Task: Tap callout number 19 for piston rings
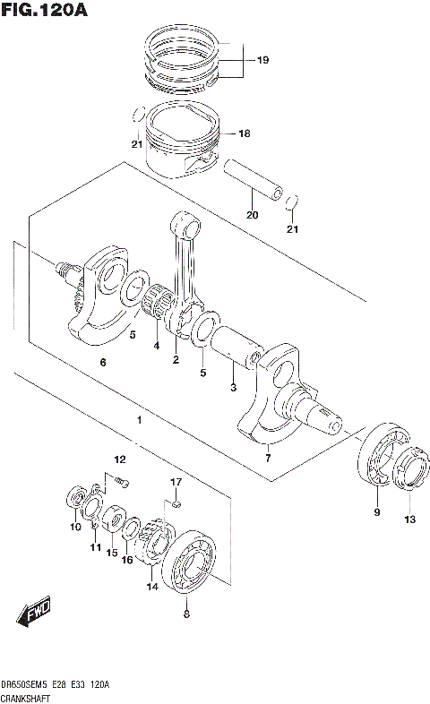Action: pyautogui.click(x=262, y=61)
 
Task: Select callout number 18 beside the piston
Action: pyautogui.click(x=245, y=134)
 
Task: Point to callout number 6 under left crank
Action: pyautogui.click(x=103, y=363)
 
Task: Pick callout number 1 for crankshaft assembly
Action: pyautogui.click(x=139, y=420)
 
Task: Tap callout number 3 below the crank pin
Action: pyautogui.click(x=233, y=388)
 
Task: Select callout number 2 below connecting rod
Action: pyautogui.click(x=176, y=360)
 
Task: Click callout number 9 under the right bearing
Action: pyautogui.click(x=376, y=512)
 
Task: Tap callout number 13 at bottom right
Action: pyautogui.click(x=409, y=519)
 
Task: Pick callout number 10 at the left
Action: pyautogui.click(x=75, y=528)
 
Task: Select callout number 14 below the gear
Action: pyautogui.click(x=152, y=587)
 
